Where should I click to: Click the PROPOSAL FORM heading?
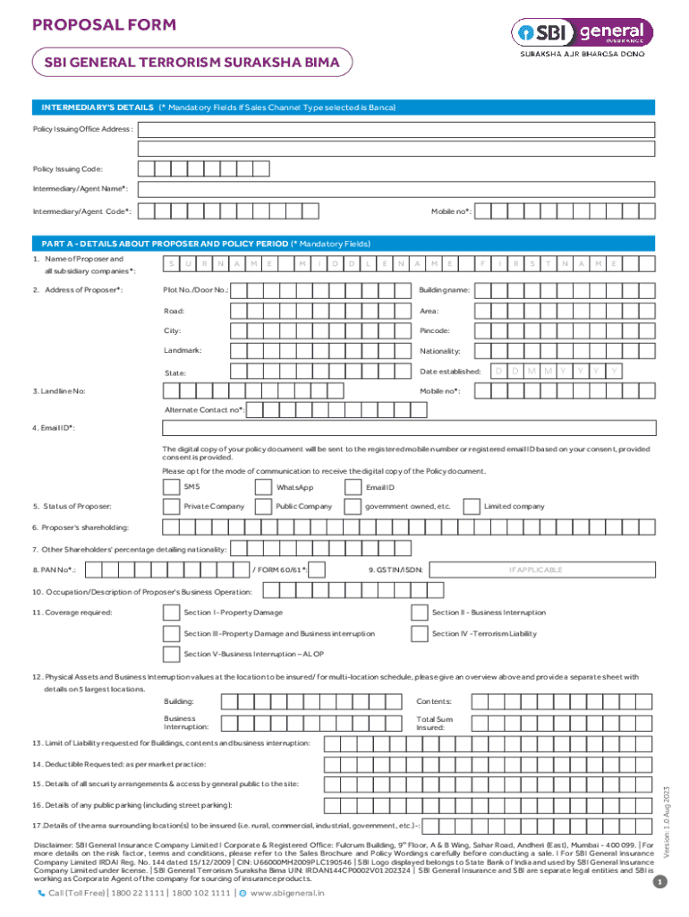click(x=105, y=25)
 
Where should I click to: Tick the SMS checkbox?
click(x=171, y=487)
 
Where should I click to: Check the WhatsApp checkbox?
click(x=262, y=487)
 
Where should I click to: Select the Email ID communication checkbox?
click(x=352, y=487)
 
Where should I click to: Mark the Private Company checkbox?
click(x=171, y=507)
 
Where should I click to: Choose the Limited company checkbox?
click(x=472, y=507)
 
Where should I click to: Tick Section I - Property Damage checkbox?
click(x=171, y=613)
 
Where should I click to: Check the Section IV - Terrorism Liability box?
click(x=419, y=634)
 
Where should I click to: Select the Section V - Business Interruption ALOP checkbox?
click(x=171, y=655)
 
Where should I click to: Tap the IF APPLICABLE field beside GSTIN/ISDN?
click(x=535, y=570)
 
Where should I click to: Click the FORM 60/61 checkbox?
click(x=316, y=570)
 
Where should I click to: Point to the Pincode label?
click(x=435, y=331)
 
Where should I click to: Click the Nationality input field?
click(x=563, y=351)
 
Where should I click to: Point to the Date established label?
click(x=450, y=371)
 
